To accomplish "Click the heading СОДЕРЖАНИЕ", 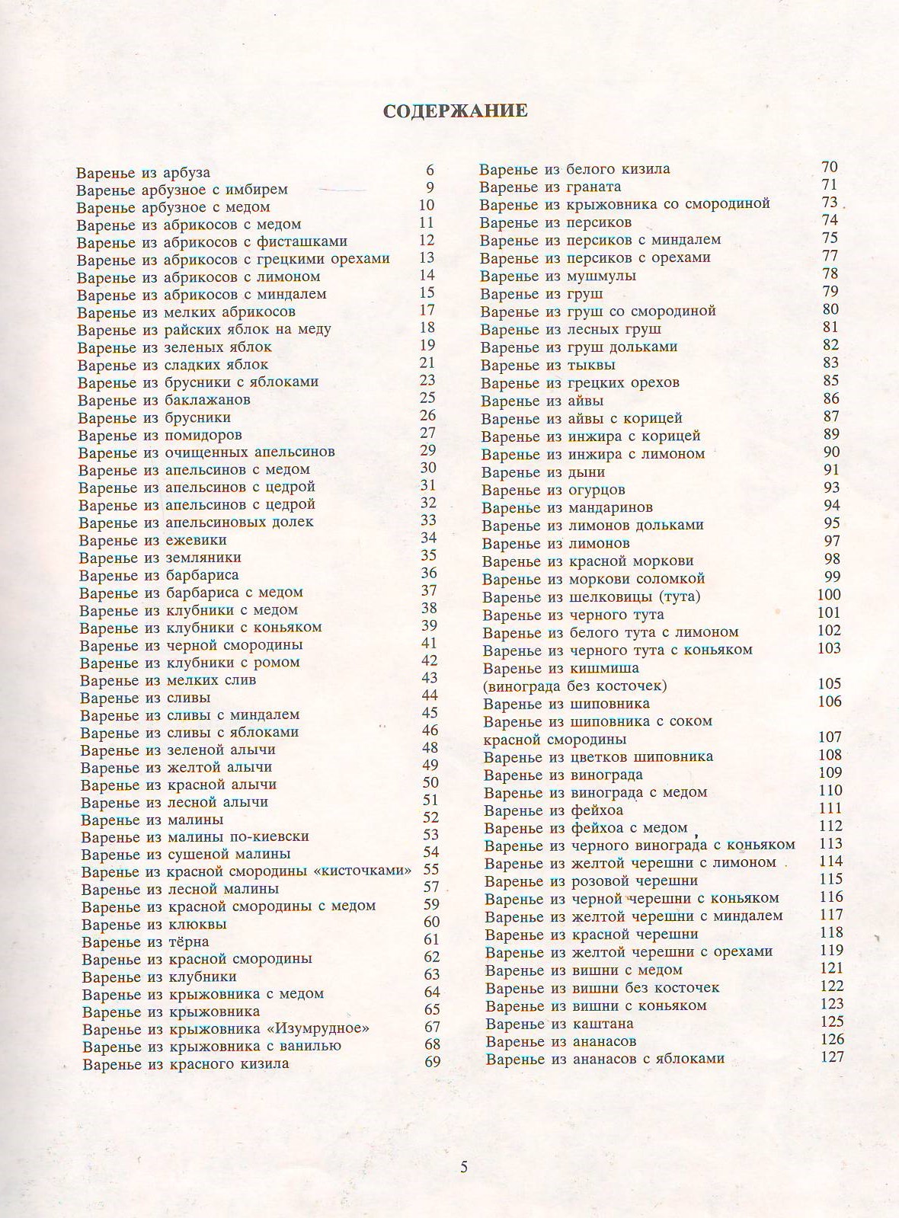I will tap(454, 111).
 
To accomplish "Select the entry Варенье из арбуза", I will tap(143, 173).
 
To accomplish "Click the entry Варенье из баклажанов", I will tap(164, 400).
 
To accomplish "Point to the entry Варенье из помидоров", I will tap(160, 436).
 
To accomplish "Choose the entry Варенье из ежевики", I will tap(153, 540).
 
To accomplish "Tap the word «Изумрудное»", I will tap(324, 1029).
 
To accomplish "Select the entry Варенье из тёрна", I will tap(146, 942).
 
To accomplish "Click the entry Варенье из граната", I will tap(550, 187).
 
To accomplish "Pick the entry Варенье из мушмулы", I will tap(558, 276).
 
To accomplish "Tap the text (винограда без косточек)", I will tap(575, 686).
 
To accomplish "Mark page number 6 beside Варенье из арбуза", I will tap(430, 170).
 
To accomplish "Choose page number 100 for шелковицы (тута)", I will tap(829, 595).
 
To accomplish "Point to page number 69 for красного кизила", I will tap(432, 1062).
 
